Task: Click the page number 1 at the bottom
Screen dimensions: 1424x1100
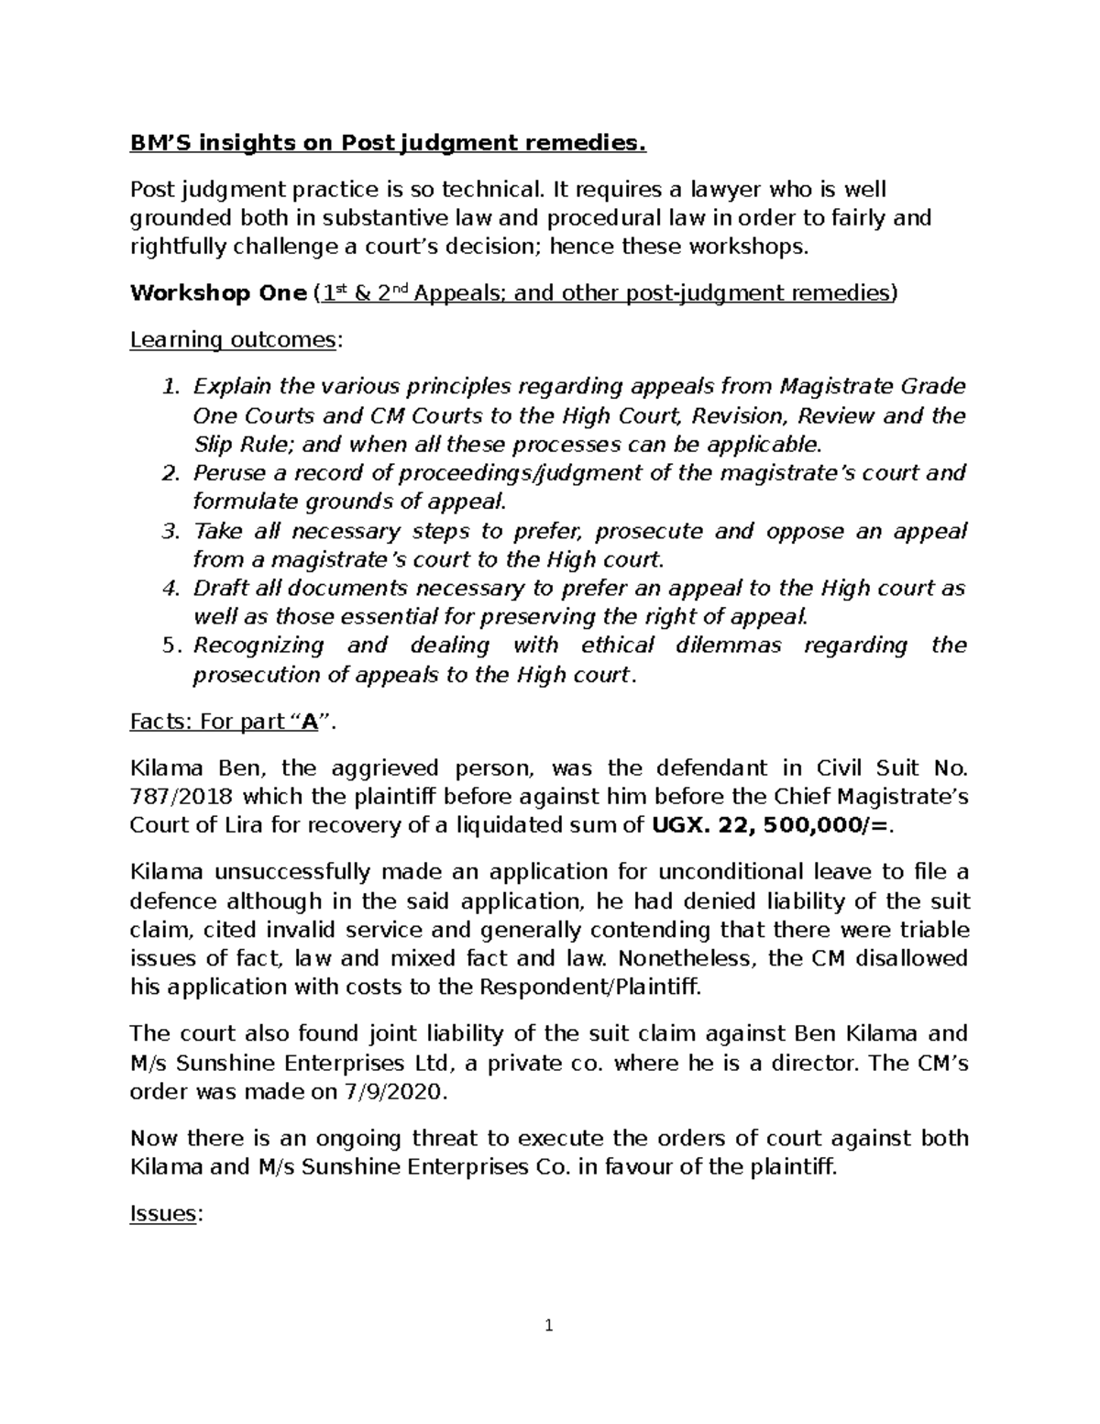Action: pos(548,1325)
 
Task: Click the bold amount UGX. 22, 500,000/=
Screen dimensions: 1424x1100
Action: pos(770,824)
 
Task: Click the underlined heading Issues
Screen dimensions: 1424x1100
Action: pos(163,1214)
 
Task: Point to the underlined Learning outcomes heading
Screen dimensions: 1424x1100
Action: pos(234,340)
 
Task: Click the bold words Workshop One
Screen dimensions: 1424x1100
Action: pos(217,293)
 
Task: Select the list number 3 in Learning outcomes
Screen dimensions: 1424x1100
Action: pos(169,532)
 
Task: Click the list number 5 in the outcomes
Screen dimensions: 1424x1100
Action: pos(169,646)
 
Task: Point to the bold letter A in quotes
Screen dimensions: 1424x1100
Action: pos(312,723)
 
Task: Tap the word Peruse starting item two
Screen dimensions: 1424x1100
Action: pos(225,473)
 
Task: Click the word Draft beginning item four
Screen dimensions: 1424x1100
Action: pos(216,588)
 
